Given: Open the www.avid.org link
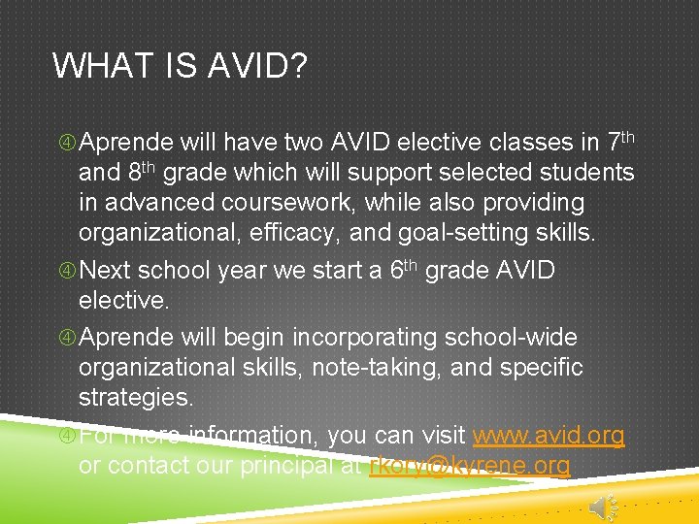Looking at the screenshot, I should tap(549, 437).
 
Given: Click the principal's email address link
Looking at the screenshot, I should tap(470, 466).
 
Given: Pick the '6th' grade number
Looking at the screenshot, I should tap(404, 269).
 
